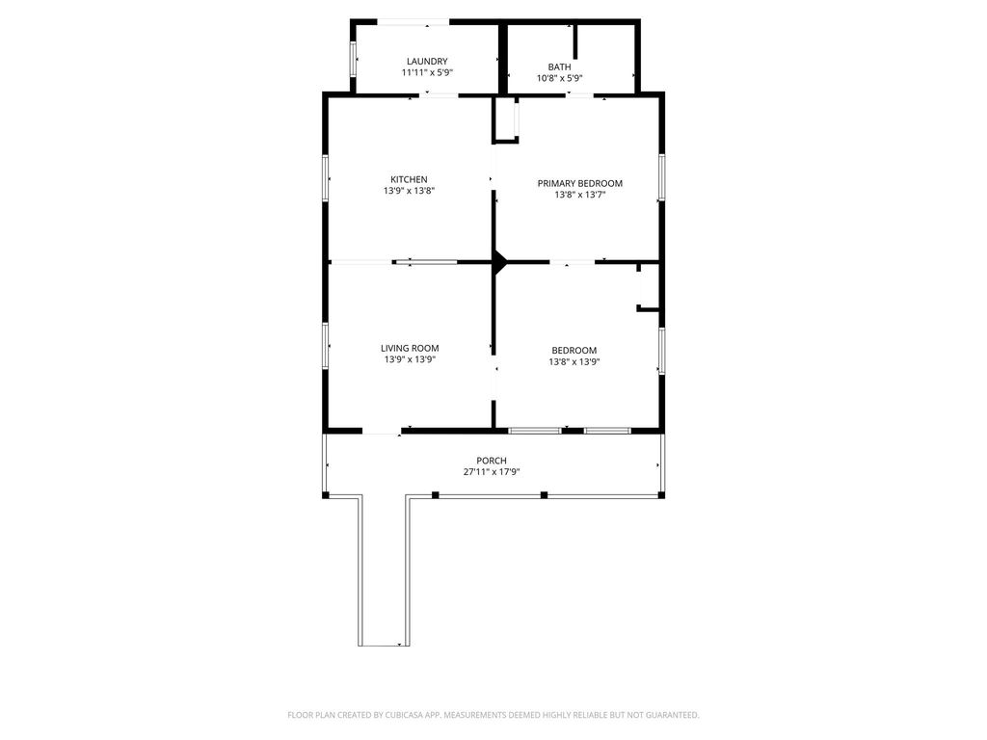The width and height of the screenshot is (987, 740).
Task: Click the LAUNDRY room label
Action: tap(427, 61)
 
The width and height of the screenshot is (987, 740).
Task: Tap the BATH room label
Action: tap(560, 66)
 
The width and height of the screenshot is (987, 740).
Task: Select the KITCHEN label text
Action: tap(409, 179)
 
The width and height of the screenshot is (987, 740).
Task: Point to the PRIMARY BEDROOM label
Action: tap(579, 183)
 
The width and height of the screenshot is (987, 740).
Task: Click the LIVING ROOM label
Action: tap(410, 348)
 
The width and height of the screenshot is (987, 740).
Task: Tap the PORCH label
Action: tap(492, 461)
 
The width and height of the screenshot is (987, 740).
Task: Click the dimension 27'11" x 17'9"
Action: tap(492, 472)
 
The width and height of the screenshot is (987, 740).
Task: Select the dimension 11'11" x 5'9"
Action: tap(427, 72)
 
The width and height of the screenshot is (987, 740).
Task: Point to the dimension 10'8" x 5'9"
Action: tap(560, 78)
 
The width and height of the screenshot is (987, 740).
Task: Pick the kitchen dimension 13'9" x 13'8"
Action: tap(409, 191)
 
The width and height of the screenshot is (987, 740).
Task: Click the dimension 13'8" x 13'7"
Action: tap(579, 195)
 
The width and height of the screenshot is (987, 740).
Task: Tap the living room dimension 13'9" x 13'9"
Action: tap(410, 359)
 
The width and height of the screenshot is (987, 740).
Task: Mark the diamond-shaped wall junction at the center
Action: tap(499, 261)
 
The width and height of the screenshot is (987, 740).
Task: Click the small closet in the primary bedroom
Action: tap(505, 119)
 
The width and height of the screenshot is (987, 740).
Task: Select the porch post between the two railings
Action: tap(545, 494)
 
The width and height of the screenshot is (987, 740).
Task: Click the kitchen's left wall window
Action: tap(326, 178)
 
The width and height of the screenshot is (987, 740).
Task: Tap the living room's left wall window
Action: tap(326, 346)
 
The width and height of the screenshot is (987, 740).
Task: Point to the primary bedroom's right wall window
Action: tap(661, 177)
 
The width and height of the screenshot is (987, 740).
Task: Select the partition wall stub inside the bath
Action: tap(574, 41)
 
